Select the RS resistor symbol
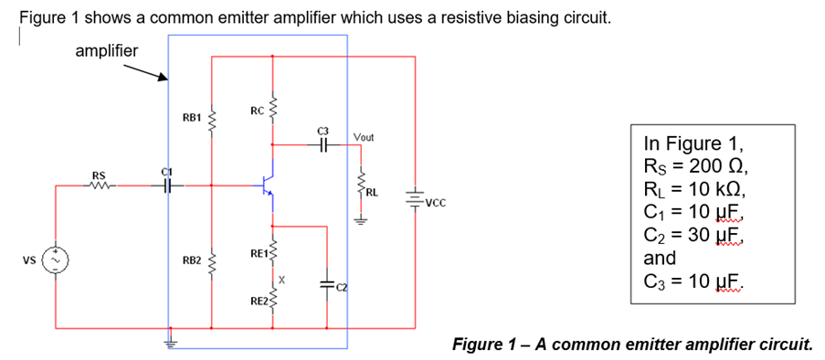coord(98,185)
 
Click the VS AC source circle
coord(56,260)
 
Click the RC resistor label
coord(257,111)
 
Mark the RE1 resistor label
coord(258,251)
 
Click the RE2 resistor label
coord(258,300)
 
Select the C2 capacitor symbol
coord(326,284)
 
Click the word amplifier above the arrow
coord(106,51)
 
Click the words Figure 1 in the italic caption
coord(491,344)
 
